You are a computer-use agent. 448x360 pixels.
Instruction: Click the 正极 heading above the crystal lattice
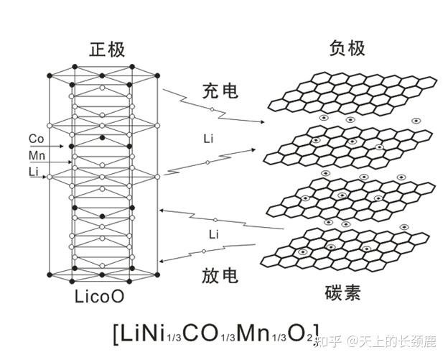point(108,49)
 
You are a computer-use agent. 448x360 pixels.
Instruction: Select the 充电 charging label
point(220,91)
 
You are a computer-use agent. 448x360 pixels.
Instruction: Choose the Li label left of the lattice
point(34,171)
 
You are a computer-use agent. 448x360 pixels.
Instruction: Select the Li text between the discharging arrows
point(213,234)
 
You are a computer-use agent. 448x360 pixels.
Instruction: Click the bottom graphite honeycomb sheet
point(345,244)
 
